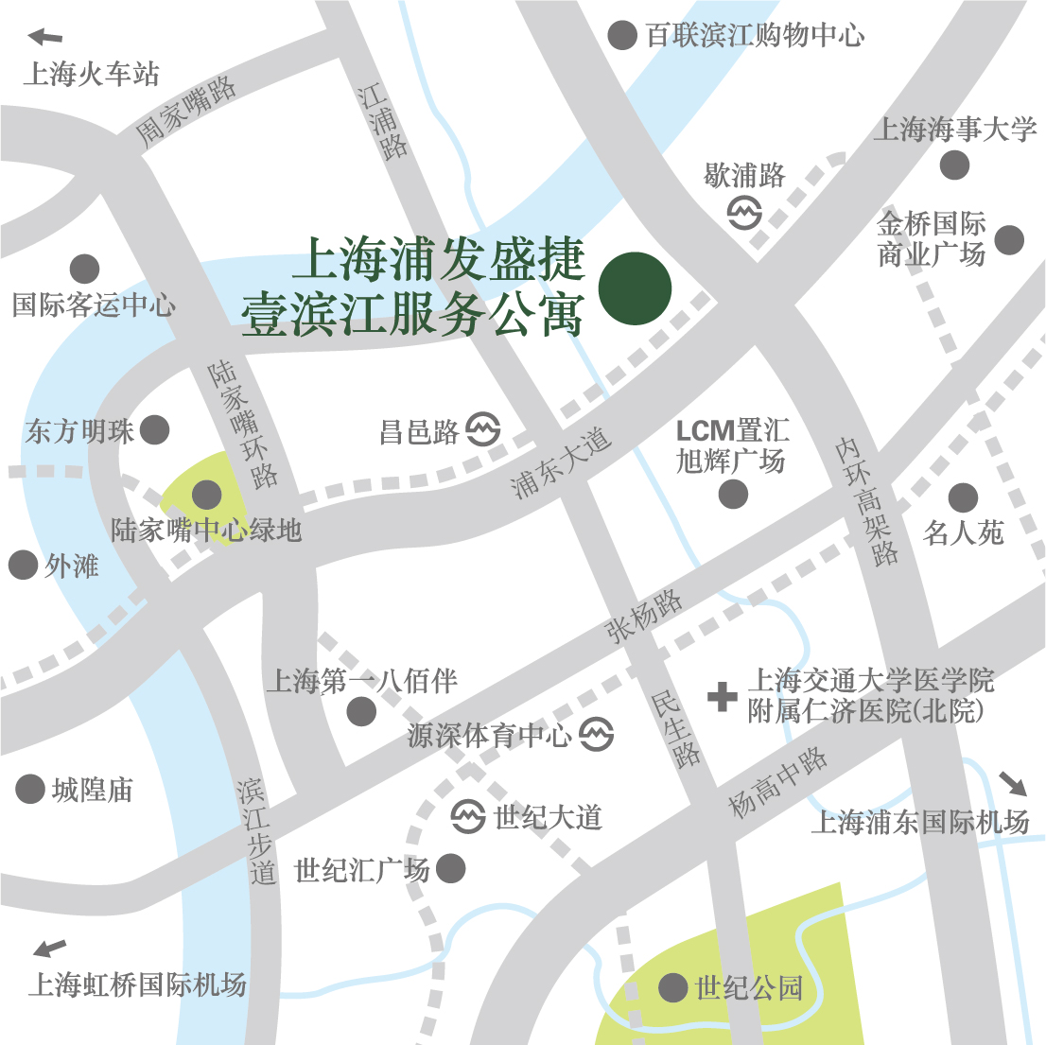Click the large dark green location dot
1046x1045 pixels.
636,288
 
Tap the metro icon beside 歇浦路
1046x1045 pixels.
745,213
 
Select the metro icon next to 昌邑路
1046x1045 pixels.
483,430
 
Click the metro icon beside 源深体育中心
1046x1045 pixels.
596,734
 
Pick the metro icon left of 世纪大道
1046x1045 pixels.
468,816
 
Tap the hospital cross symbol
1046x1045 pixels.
723,698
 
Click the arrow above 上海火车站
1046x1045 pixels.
45,38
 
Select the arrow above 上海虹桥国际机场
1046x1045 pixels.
49,948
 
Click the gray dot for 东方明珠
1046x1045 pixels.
154,430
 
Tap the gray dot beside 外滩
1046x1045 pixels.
23,566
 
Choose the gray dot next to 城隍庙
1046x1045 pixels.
30,789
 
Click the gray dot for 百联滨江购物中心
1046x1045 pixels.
621,36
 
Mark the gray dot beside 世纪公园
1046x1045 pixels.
672,988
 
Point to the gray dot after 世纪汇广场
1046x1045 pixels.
450,868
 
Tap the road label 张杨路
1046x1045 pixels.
644,616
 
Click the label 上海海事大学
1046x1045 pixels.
954,130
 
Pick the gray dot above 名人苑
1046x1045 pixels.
963,497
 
